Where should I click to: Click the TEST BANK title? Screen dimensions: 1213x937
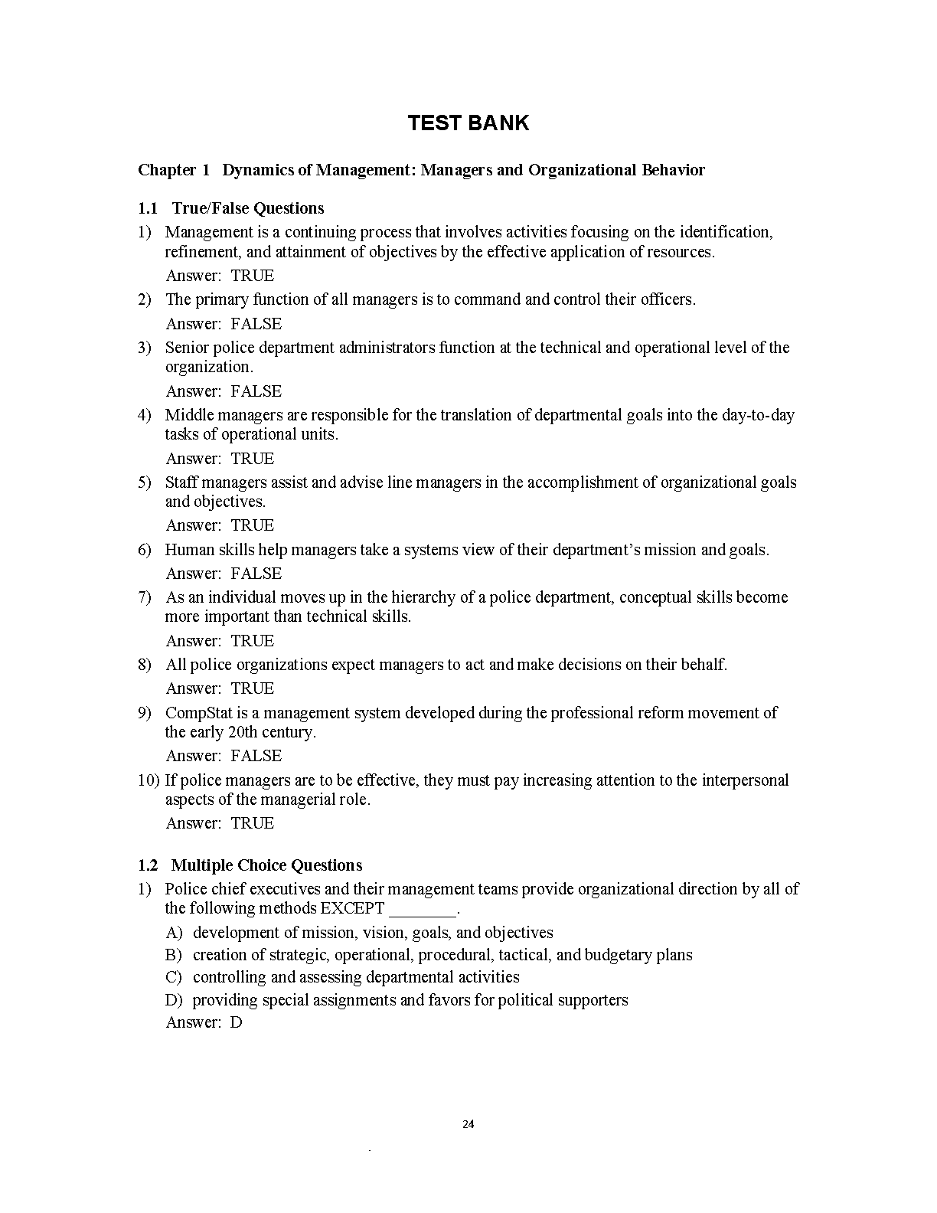[x=468, y=123]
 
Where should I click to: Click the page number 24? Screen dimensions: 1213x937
[x=468, y=1125]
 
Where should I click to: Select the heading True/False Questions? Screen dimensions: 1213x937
[x=247, y=208]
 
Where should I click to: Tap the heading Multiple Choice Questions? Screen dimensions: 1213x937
[x=266, y=865]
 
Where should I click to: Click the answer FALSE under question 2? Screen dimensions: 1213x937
[x=256, y=324]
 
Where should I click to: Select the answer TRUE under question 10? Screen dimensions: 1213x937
[x=253, y=823]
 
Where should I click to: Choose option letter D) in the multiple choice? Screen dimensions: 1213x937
[x=174, y=1000]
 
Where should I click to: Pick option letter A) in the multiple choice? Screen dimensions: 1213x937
[x=174, y=933]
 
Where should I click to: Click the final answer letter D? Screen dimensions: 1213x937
[x=236, y=1022]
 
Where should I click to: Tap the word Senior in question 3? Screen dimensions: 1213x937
[x=187, y=348]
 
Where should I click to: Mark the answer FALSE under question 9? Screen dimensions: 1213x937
[x=256, y=756]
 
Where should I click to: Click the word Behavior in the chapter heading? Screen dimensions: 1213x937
[x=673, y=170]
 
